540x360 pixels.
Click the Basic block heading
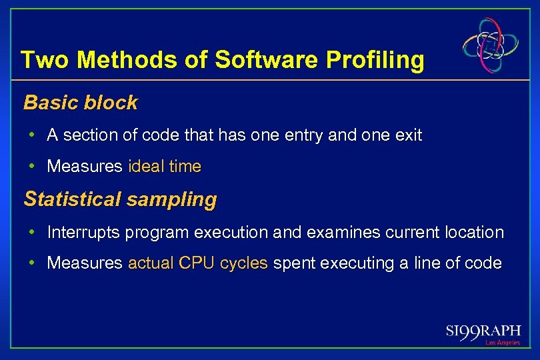pos(80,103)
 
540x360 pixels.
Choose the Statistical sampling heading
pos(120,199)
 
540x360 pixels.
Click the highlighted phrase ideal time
pos(164,167)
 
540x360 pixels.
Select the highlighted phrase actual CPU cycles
pos(198,263)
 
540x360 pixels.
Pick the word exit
pos(408,135)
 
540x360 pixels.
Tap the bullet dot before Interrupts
pos(32,233)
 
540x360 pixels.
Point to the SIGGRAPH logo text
pos(483,331)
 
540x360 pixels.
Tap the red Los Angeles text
pos(502,343)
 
